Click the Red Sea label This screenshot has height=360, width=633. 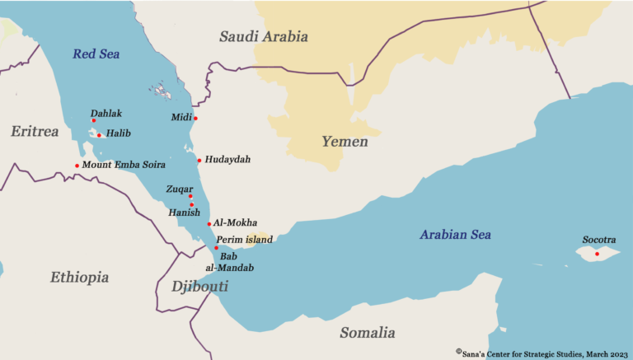[x=96, y=54]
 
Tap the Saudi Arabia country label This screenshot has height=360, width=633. [x=263, y=36]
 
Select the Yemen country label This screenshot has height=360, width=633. [x=345, y=142]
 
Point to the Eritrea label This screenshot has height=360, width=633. [x=35, y=131]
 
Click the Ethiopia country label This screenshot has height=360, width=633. [x=79, y=278]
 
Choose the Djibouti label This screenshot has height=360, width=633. [x=199, y=287]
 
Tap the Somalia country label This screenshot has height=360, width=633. [x=367, y=333]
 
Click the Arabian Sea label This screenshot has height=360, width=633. [x=455, y=235]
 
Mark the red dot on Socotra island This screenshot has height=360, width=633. [x=597, y=254]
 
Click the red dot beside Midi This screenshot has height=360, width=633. [x=195, y=118]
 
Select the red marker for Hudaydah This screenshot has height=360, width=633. [x=199, y=160]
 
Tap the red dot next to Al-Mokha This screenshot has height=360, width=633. [x=209, y=223]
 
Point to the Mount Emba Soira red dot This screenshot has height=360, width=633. [x=77, y=166]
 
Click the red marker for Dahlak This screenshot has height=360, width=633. [x=93, y=120]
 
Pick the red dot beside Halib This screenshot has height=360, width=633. [x=99, y=135]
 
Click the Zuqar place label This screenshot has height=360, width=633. [x=180, y=189]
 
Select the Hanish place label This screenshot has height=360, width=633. [x=184, y=213]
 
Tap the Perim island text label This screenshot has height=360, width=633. [x=244, y=239]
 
